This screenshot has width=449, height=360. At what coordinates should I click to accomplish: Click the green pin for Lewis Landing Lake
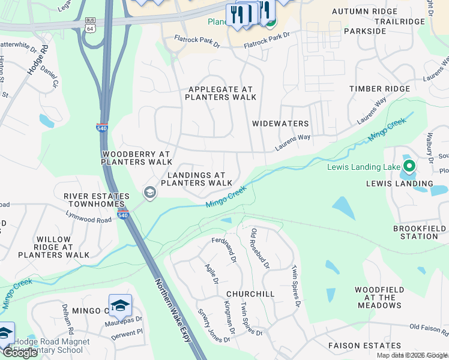point(409,165)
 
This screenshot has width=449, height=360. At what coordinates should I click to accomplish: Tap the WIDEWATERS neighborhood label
point(280,124)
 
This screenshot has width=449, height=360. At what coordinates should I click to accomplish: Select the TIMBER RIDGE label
point(380,89)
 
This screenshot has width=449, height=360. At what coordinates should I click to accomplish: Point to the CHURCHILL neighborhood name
point(250,294)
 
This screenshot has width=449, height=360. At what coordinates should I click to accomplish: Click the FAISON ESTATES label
point(364,346)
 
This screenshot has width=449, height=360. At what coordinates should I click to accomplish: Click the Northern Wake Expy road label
point(173,311)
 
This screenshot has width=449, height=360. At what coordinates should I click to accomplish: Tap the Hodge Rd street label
point(37,61)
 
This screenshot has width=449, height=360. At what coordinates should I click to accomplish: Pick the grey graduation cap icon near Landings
point(149,193)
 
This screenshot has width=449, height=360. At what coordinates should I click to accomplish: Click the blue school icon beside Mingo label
point(120,305)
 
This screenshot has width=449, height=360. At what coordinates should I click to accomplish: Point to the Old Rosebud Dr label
point(261,248)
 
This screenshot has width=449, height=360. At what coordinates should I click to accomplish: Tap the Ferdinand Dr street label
point(224,250)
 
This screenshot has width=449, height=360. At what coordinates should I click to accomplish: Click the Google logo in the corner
point(20,353)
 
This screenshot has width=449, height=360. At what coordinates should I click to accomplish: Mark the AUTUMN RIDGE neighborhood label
point(364,11)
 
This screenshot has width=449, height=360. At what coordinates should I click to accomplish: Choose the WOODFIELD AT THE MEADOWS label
point(379,297)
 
